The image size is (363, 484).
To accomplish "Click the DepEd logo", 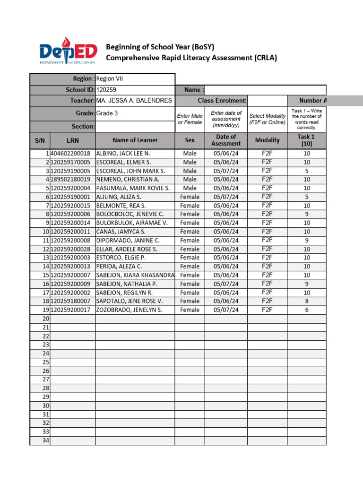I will (68, 53).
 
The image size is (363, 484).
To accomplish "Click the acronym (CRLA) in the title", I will (265, 58).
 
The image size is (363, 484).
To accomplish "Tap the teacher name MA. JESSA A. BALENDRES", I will (134, 101).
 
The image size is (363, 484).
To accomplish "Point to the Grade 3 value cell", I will (106, 113).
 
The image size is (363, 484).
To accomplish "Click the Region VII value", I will (109, 79).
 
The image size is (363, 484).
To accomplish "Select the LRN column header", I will (73, 140).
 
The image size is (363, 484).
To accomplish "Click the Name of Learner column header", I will (135, 140).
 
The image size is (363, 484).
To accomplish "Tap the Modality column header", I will (267, 140).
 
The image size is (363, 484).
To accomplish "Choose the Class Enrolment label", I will (222, 101).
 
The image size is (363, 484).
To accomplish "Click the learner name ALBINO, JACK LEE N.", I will (123, 154).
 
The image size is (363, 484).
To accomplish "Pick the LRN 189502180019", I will (70, 180).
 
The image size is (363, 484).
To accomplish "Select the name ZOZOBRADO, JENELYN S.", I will (129, 310).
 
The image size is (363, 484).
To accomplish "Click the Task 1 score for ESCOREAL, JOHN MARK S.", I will (307, 171).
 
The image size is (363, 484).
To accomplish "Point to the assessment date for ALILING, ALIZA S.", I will (226, 197).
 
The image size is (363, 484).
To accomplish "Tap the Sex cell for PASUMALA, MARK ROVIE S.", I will (190, 188).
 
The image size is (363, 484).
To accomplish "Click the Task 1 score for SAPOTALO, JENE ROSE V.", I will (307, 301).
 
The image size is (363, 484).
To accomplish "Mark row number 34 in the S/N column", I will (46, 441).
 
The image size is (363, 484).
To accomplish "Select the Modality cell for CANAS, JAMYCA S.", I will (267, 232).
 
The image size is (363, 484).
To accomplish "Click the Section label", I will (83, 127).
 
